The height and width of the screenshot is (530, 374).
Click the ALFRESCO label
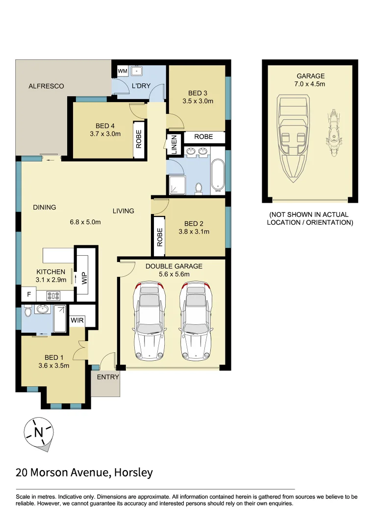click(46, 86)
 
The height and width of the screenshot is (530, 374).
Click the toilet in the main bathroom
click(199, 188)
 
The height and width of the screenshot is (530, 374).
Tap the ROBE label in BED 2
click(160, 237)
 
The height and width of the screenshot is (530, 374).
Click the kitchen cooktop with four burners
click(53, 296)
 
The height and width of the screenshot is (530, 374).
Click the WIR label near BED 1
click(77, 320)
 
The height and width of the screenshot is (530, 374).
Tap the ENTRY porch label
click(108, 377)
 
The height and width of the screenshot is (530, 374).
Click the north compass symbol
click(38, 432)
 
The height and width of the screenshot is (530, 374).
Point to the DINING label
click(45, 207)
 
